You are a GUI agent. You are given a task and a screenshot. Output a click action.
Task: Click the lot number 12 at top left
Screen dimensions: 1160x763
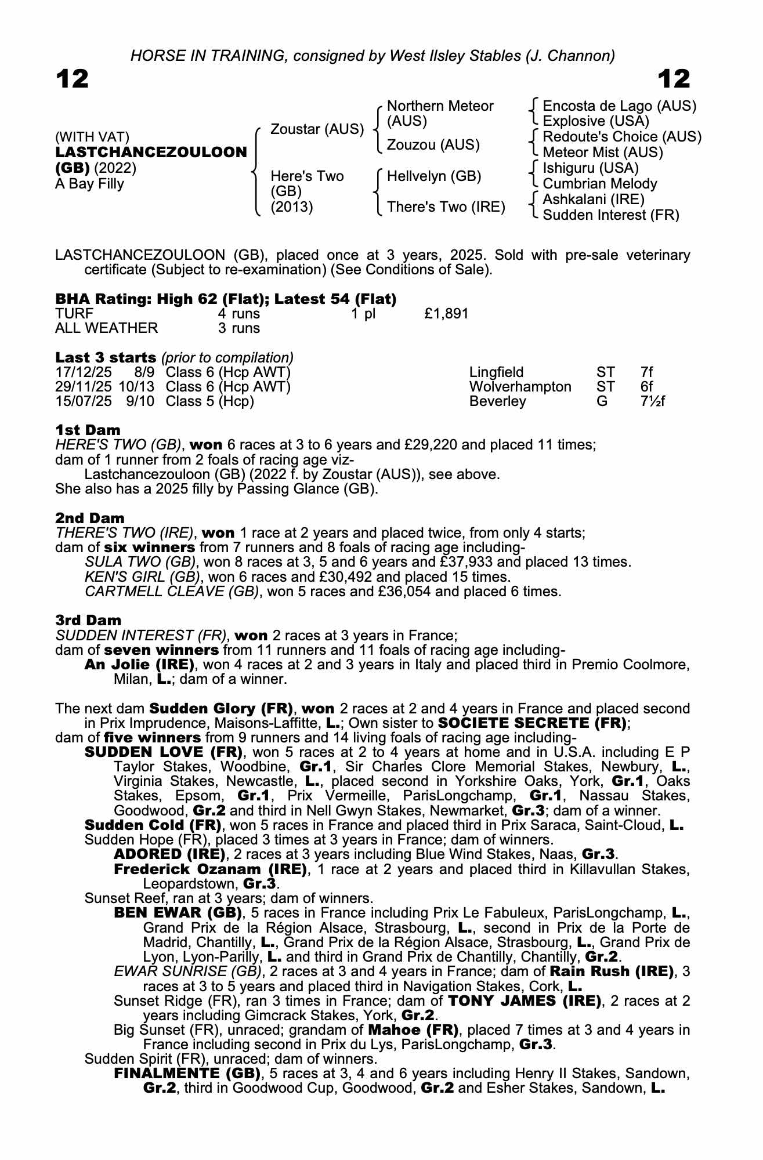pos(72,79)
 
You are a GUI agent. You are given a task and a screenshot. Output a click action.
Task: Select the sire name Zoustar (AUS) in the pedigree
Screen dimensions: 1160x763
pos(317,129)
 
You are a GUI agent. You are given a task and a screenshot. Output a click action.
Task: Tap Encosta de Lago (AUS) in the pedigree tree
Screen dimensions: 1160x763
pos(619,106)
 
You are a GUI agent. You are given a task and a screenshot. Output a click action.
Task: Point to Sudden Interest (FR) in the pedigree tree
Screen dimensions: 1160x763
pos(610,215)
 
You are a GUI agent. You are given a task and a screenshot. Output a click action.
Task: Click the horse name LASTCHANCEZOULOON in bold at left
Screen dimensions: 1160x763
pos(151,153)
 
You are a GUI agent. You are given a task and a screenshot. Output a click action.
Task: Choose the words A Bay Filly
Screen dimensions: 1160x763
pos(89,184)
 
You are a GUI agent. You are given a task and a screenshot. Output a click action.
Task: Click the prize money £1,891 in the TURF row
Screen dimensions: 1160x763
pos(446,314)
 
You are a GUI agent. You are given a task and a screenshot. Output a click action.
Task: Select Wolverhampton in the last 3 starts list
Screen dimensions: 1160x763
pos(520,387)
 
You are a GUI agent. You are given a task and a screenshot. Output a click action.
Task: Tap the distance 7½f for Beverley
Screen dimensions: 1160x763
pos(649,401)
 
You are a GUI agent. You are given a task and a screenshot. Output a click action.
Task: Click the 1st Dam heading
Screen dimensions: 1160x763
pos(88,430)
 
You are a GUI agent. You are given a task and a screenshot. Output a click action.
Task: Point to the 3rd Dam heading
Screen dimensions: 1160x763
pos(88,621)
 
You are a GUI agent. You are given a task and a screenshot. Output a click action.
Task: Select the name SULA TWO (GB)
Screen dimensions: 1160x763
pos(140,562)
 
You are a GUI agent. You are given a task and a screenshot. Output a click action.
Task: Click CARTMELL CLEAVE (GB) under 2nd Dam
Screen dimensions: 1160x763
pos(171,592)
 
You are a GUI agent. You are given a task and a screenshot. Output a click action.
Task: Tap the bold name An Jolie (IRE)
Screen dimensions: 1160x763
pos(139,665)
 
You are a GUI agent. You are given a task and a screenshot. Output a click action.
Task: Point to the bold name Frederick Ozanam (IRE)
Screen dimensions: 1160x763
pos(210,869)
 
